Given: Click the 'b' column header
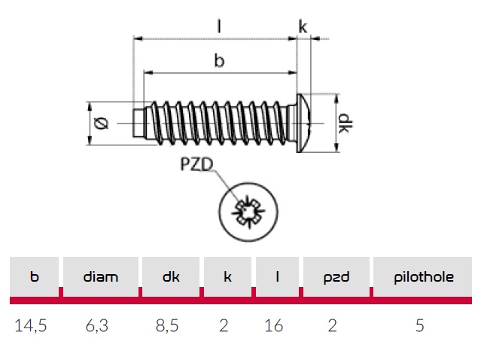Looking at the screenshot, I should click(x=34, y=276).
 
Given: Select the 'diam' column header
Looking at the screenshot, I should click(x=101, y=276).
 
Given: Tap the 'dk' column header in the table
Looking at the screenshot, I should click(x=170, y=276).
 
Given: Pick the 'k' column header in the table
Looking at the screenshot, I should click(x=227, y=276).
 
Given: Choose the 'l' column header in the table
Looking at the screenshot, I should click(x=278, y=276).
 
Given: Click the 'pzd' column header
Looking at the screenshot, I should click(x=336, y=276).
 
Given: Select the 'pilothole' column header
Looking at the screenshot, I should click(x=424, y=276).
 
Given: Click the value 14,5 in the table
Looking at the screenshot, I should click(x=34, y=326).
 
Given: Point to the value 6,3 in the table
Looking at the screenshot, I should click(x=101, y=326).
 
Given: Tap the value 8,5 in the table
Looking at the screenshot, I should click(x=170, y=326).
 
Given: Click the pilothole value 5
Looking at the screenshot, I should click(x=420, y=326).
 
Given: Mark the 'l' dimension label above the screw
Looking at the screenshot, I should click(x=219, y=26).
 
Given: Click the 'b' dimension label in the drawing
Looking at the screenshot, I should click(x=219, y=62).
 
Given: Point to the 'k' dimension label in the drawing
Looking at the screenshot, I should click(x=303, y=26).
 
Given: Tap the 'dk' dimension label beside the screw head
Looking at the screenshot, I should click(x=344, y=123).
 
